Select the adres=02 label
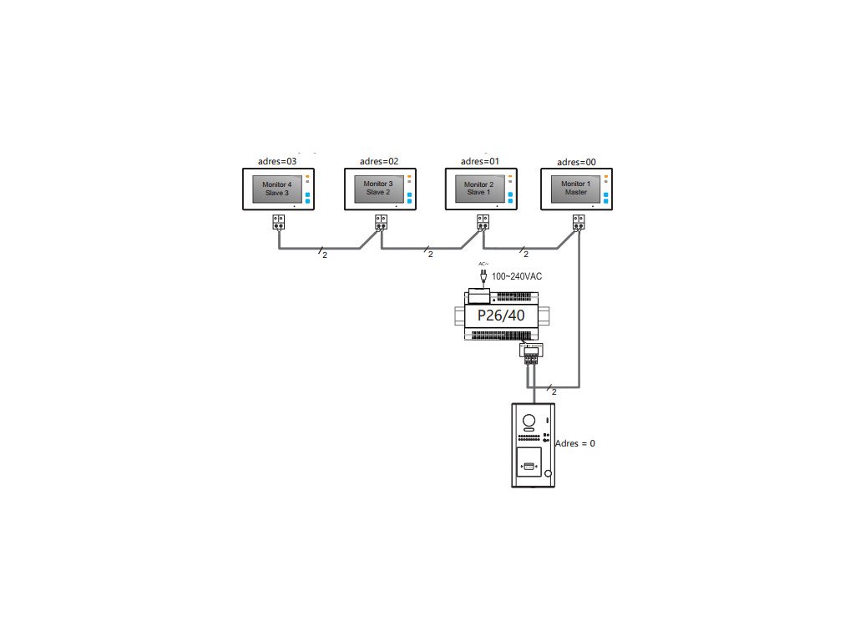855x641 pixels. click(x=379, y=161)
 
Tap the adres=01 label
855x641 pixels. click(x=480, y=160)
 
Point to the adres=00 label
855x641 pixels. click(x=576, y=161)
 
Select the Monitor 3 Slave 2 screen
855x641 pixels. click(x=377, y=189)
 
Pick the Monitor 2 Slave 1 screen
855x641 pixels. click(x=478, y=189)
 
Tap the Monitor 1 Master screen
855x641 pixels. click(x=574, y=189)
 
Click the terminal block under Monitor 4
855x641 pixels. click(x=279, y=223)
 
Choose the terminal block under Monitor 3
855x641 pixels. click(x=381, y=223)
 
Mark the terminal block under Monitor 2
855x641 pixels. click(x=483, y=223)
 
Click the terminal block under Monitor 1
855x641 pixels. click(x=579, y=223)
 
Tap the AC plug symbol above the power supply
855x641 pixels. click(x=483, y=273)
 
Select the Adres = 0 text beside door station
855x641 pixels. click(x=575, y=443)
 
